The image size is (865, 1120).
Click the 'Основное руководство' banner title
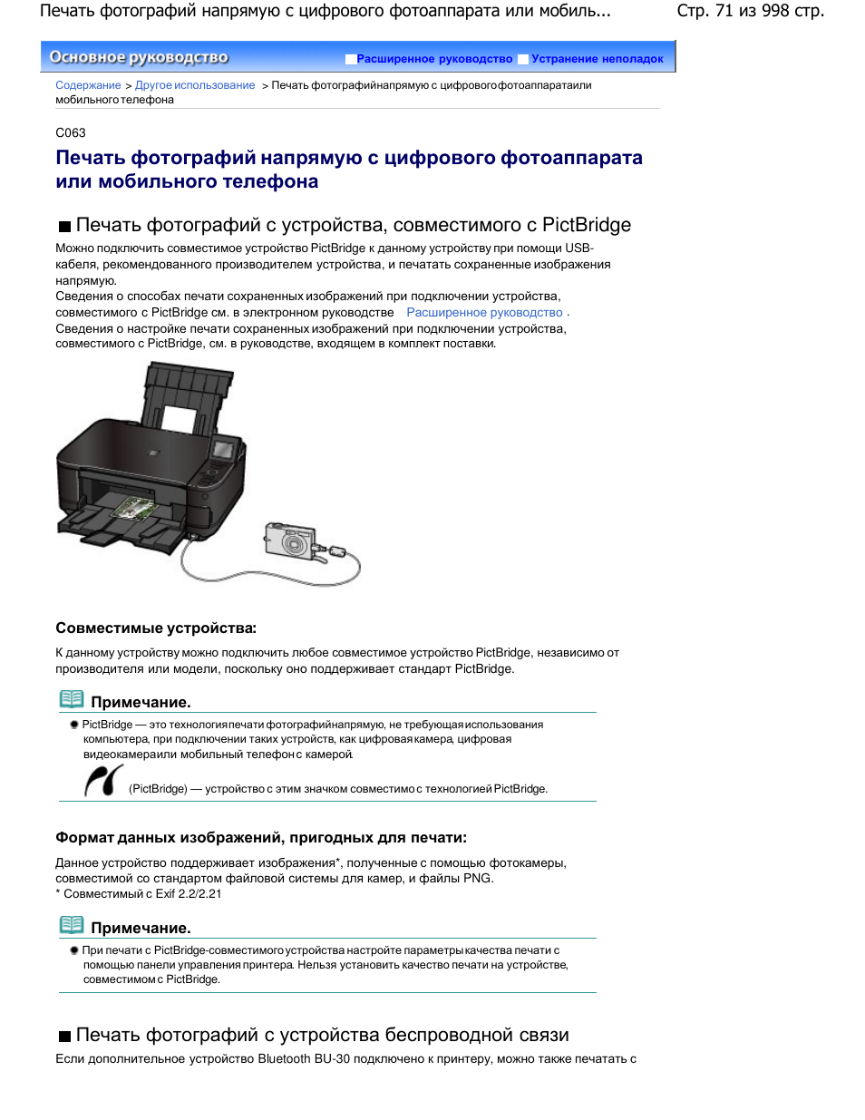click(x=139, y=57)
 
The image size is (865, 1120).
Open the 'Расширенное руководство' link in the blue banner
click(x=434, y=59)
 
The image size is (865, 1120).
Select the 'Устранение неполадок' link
click(x=598, y=59)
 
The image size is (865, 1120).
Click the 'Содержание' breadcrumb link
click(x=88, y=85)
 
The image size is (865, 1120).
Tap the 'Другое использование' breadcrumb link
click(x=195, y=85)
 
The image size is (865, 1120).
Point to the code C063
click(x=71, y=133)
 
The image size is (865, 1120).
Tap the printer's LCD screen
click(x=222, y=449)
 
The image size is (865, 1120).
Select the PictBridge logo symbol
click(x=103, y=780)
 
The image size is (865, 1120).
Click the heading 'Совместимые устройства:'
click(x=156, y=628)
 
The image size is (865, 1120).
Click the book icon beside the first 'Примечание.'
click(x=72, y=699)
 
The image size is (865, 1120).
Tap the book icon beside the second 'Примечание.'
click(x=72, y=925)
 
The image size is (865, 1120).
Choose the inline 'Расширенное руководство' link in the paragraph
click(x=484, y=312)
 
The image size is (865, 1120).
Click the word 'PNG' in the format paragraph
click(x=477, y=878)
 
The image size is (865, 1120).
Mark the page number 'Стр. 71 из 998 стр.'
click(x=750, y=10)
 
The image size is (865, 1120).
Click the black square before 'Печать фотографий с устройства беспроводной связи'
click(x=64, y=1037)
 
